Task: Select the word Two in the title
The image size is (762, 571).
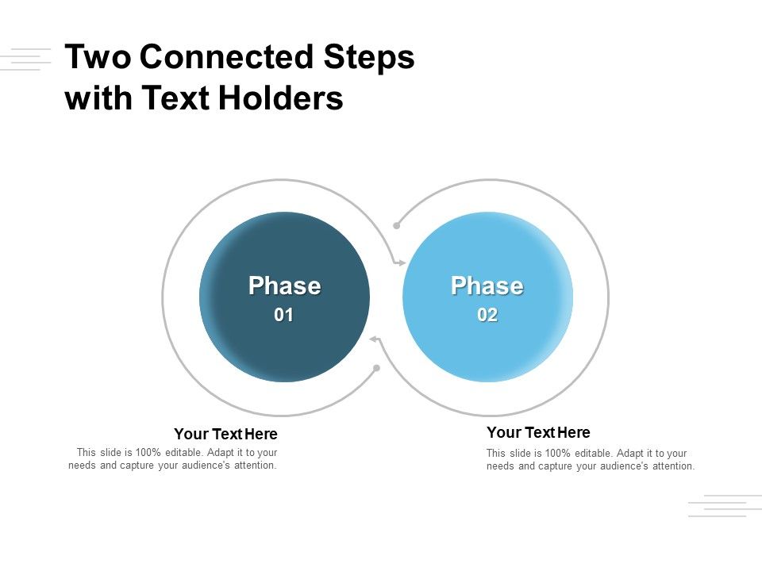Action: [98, 58]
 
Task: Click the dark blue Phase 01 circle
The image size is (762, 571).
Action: [284, 349]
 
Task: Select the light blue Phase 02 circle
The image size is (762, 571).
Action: [487, 349]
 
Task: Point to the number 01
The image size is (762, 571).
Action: [284, 316]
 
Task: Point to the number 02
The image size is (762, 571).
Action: [487, 316]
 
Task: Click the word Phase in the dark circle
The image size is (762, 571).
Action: [284, 285]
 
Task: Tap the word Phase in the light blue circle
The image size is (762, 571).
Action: [487, 285]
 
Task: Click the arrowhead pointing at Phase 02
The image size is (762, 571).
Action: [402, 262]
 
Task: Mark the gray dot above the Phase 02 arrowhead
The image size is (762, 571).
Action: [397, 225]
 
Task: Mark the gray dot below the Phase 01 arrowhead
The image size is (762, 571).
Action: [376, 368]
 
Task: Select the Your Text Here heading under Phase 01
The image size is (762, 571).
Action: [225, 434]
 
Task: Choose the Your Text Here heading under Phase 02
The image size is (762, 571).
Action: [538, 432]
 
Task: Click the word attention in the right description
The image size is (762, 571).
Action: [672, 466]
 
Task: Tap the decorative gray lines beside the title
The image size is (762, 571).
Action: [25, 59]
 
